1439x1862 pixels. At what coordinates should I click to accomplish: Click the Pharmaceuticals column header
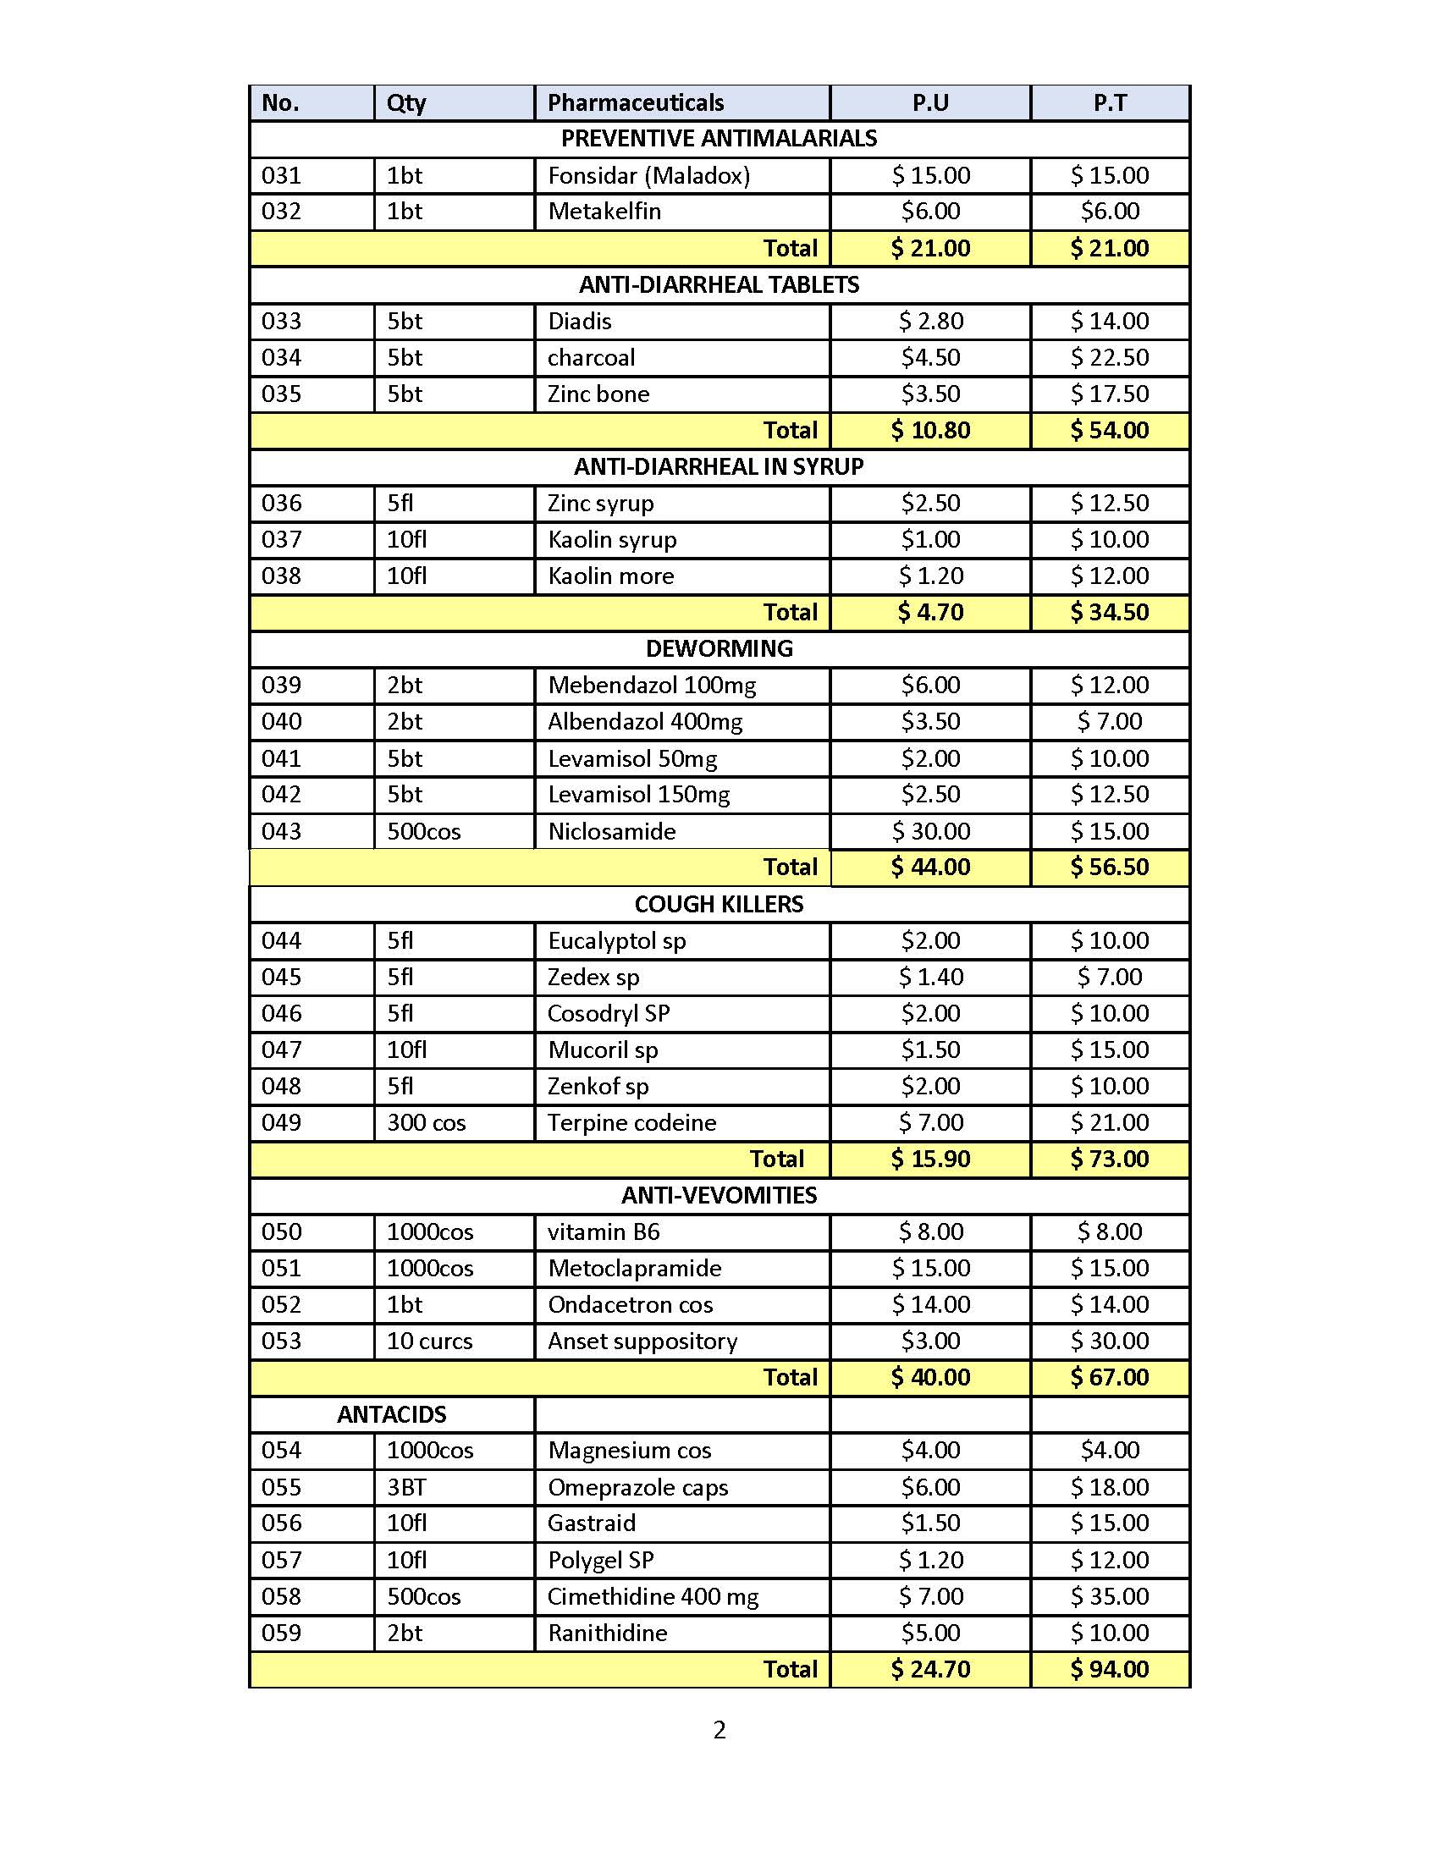pyautogui.click(x=635, y=103)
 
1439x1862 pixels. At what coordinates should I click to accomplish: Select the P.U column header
pyautogui.click(x=930, y=103)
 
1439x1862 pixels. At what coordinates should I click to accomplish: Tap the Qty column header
pyautogui.click(x=405, y=103)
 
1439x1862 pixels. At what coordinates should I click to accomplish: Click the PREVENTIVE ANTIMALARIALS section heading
pyautogui.click(x=719, y=139)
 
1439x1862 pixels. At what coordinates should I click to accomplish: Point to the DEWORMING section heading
pyautogui.click(x=719, y=649)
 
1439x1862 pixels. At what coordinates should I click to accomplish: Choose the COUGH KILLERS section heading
pyautogui.click(x=719, y=905)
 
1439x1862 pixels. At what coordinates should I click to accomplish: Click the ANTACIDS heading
pyautogui.click(x=391, y=1415)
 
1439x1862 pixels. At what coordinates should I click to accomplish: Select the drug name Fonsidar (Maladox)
pyautogui.click(x=648, y=176)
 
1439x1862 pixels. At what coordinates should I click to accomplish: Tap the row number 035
pyautogui.click(x=281, y=394)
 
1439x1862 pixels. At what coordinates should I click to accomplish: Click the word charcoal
pyautogui.click(x=591, y=357)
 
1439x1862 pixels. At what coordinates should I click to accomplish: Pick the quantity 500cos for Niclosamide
pyautogui.click(x=424, y=831)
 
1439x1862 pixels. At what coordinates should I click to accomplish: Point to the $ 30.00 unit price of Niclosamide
pyautogui.click(x=930, y=831)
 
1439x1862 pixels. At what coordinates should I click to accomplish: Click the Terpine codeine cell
pyautogui.click(x=631, y=1123)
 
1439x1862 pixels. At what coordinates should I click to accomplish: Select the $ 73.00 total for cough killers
pyautogui.click(x=1109, y=1160)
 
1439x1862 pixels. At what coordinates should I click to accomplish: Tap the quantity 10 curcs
pyautogui.click(x=429, y=1341)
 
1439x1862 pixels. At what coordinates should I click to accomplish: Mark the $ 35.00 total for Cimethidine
pyautogui.click(x=1109, y=1597)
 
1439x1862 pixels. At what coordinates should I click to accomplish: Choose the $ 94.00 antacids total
pyautogui.click(x=1109, y=1669)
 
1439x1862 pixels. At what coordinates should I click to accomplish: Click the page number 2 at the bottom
pyautogui.click(x=719, y=1730)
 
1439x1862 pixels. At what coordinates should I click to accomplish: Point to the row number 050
pyautogui.click(x=281, y=1232)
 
